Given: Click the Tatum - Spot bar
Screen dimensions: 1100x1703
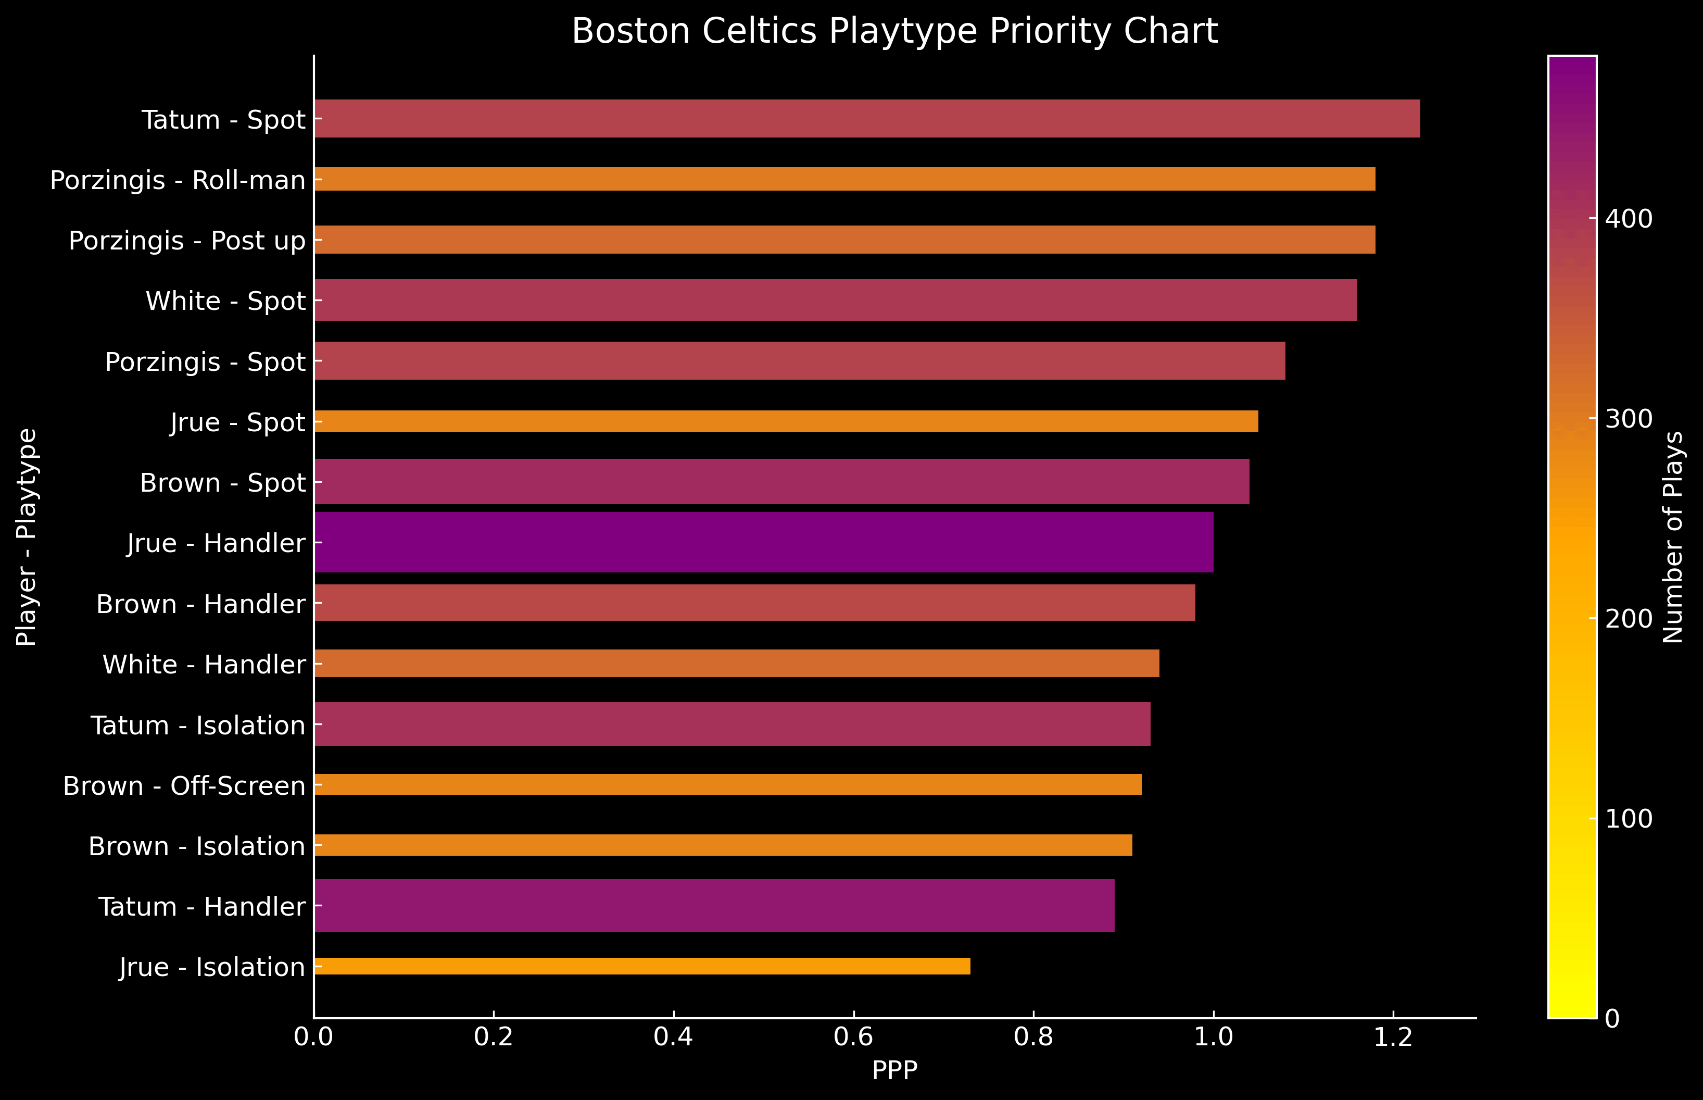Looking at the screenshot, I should point(866,119).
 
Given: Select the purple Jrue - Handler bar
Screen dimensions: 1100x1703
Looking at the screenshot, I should point(763,542).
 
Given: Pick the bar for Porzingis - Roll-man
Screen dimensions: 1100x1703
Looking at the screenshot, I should point(844,179).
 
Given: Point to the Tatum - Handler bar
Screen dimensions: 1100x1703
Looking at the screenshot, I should point(714,905).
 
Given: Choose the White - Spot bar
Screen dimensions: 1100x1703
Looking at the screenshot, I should point(836,300).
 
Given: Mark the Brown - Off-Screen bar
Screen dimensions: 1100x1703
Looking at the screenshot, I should point(728,784).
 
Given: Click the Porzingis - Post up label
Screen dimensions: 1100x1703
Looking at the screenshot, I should point(187,241).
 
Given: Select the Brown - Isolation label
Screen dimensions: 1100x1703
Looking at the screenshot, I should point(197,846).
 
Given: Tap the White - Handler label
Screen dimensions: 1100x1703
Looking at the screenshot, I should point(204,664).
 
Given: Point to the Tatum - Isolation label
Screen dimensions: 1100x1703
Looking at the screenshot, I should point(198,725).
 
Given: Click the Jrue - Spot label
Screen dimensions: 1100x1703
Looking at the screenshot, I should point(238,422).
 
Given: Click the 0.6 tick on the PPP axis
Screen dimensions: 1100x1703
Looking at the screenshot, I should point(853,1036).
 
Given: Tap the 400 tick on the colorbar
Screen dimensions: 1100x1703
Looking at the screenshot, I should point(1629,219).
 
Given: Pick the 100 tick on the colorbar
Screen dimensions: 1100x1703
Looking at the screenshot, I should point(1629,819).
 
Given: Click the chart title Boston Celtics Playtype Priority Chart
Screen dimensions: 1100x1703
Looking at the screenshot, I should point(894,31).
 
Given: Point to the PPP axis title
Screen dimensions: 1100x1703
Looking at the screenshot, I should point(894,1070).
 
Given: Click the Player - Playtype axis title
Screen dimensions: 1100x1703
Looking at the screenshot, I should point(27,537).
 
